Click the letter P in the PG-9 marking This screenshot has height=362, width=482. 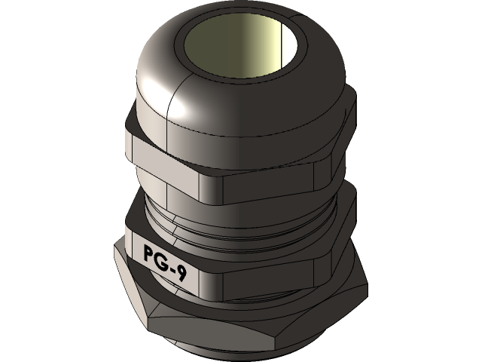[149, 253]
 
